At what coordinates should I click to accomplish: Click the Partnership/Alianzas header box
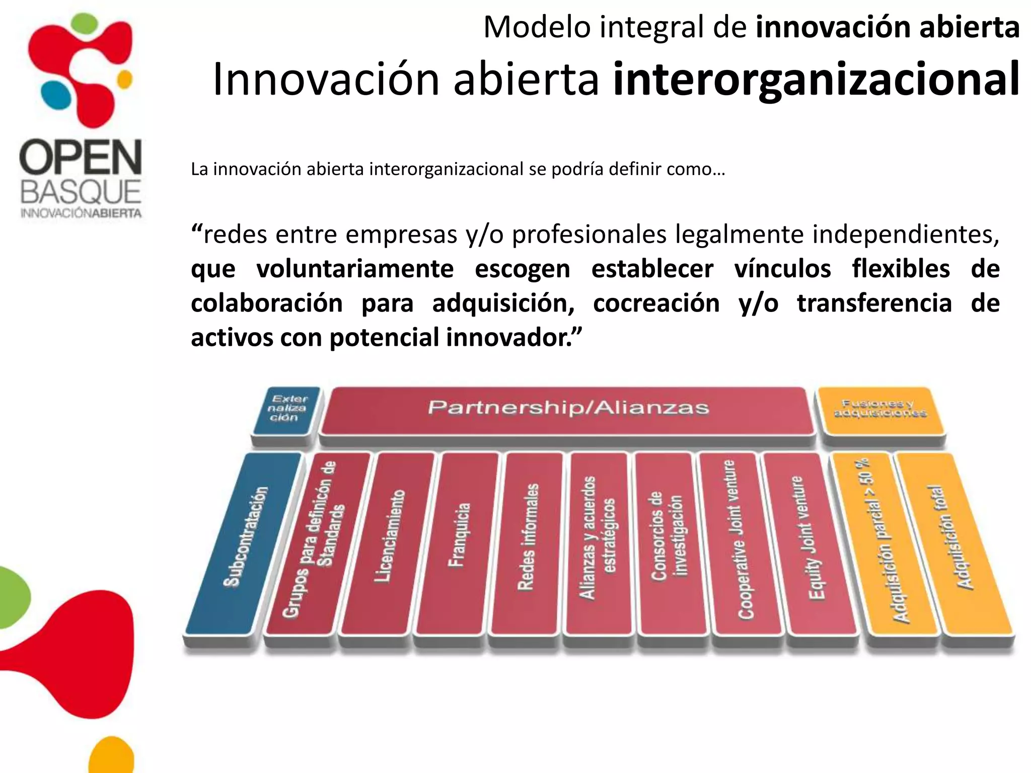tap(568, 409)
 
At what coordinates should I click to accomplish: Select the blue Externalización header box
tap(286, 409)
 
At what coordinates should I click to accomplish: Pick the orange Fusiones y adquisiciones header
tap(880, 409)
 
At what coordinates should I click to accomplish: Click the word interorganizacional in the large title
tap(816, 79)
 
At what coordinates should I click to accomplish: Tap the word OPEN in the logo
tap(81, 157)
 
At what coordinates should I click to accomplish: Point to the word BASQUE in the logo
tap(81, 192)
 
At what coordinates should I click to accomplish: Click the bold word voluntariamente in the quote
tap(355, 269)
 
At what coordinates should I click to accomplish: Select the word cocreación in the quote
tap(656, 303)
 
